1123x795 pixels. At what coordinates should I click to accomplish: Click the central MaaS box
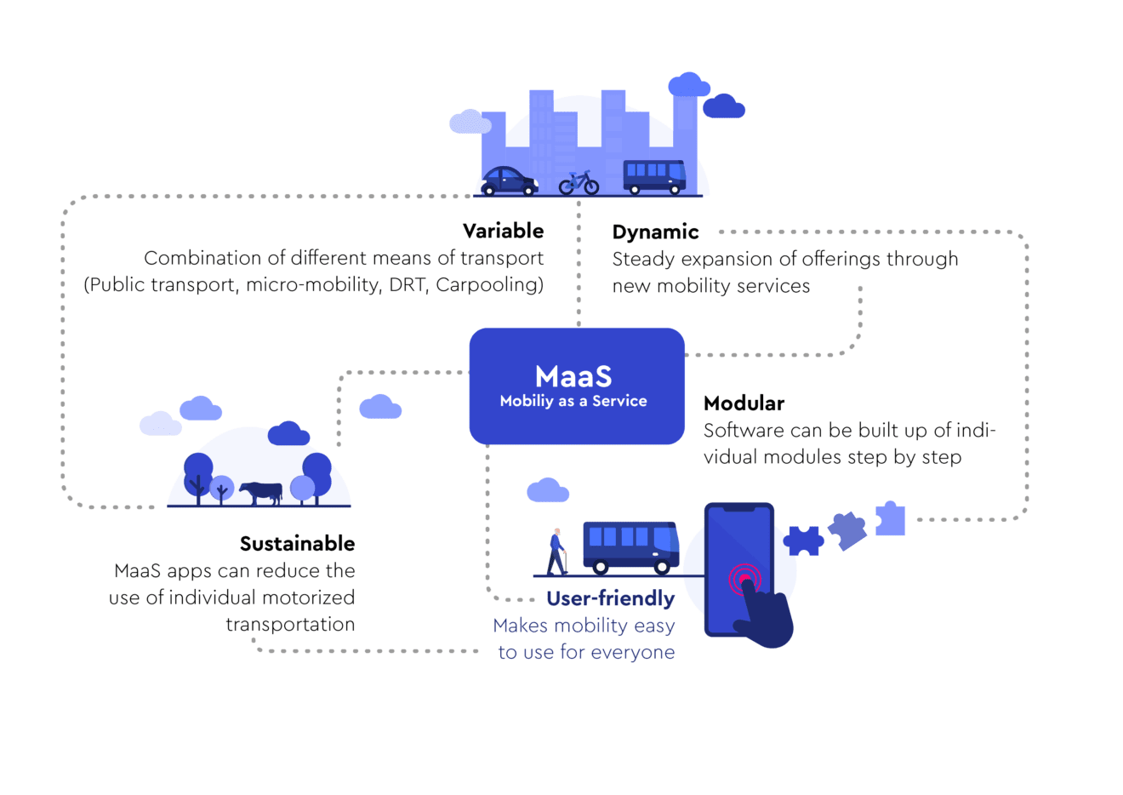(576, 386)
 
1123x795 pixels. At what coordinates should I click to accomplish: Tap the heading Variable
(503, 231)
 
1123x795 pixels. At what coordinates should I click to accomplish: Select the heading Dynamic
(655, 232)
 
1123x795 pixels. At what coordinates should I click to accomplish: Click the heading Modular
(744, 403)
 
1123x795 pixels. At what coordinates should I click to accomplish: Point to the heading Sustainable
(297, 543)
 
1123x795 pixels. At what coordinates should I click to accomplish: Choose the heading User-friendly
(610, 598)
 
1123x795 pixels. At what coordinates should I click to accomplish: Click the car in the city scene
(509, 180)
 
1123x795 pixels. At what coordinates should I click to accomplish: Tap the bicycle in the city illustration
(579, 183)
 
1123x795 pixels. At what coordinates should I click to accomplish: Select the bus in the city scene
(654, 176)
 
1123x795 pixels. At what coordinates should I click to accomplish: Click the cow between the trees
(260, 492)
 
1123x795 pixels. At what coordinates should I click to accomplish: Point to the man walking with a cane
(556, 552)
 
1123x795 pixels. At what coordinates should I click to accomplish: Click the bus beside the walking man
(630, 546)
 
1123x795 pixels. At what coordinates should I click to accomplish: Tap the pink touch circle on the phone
(744, 580)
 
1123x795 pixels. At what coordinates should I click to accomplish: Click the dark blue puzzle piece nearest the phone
(803, 540)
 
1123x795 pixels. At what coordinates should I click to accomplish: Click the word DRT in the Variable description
(407, 284)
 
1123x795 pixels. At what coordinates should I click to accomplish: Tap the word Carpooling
(488, 284)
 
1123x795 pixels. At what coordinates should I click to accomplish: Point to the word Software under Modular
(742, 430)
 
